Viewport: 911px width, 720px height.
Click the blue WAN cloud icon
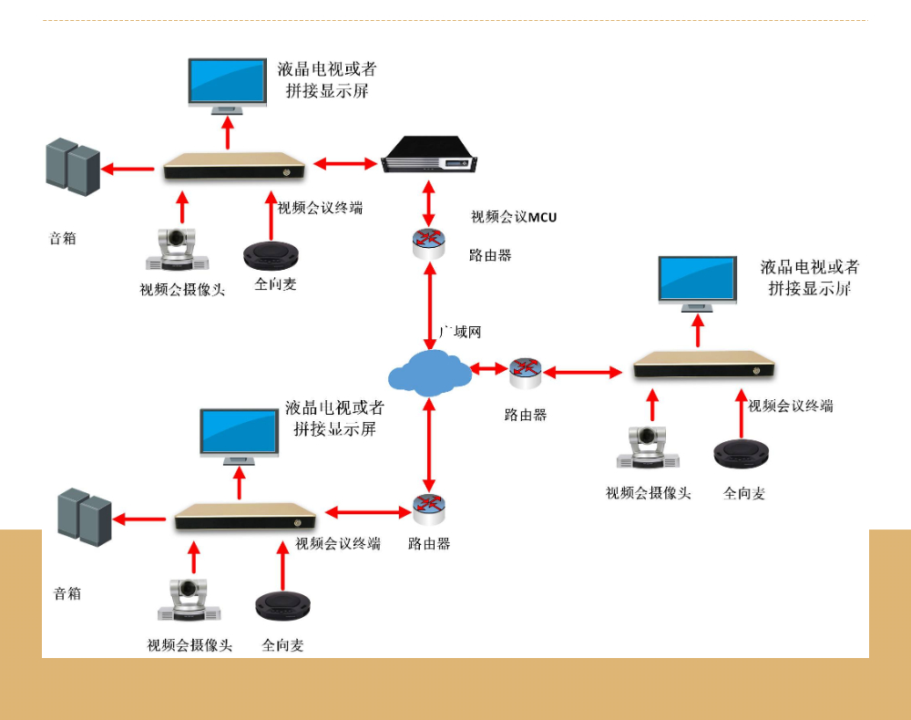(430, 373)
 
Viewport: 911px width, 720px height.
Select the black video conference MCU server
(428, 154)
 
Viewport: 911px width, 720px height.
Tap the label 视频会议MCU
(513, 217)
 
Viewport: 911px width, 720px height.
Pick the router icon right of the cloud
(525, 371)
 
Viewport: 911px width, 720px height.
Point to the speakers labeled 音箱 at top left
(73, 166)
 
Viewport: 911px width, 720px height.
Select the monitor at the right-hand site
(697, 283)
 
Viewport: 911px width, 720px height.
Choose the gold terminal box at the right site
(704, 365)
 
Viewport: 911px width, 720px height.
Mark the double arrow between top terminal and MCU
(345, 164)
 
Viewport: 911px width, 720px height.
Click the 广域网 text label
(460, 332)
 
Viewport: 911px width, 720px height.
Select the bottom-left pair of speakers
(84, 517)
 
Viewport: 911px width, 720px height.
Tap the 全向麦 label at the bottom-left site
(282, 645)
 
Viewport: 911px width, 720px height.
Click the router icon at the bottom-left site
(428, 509)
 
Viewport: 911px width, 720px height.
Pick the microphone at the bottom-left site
(282, 605)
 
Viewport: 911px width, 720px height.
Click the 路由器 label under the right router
(526, 415)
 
